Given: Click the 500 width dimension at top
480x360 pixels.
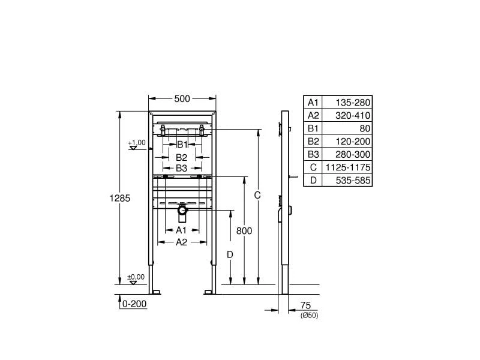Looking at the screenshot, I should point(182,99).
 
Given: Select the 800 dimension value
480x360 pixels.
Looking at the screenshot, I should point(244,231).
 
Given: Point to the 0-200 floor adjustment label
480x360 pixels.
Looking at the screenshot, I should point(134,304).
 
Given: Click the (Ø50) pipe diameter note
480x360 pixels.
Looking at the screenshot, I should point(308,316).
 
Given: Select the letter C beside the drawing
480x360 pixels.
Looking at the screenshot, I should point(257,195).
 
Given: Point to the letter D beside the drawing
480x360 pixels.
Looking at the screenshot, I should point(230,254).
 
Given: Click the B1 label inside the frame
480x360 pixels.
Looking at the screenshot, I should point(182,145).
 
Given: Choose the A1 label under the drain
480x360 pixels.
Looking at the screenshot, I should point(181,230).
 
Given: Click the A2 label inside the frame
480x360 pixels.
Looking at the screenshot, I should point(181,242).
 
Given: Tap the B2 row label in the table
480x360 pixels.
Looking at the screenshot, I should point(313,141).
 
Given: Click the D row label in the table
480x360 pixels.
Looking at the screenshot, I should point(313,180).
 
